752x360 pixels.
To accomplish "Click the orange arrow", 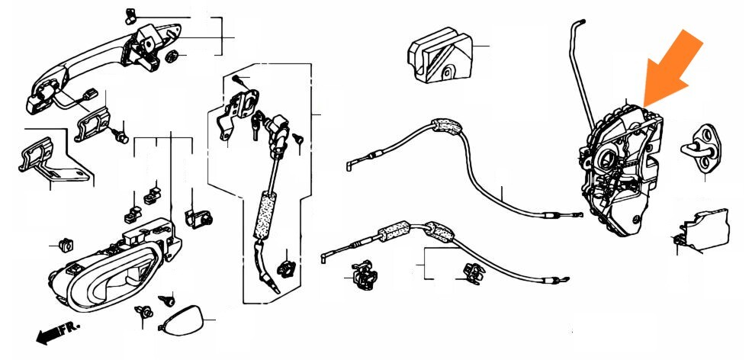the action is tap(673, 68).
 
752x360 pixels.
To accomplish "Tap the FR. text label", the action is tap(69, 329).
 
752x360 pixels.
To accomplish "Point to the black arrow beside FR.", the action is tap(48, 335).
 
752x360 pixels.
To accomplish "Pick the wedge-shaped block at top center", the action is tap(439, 55).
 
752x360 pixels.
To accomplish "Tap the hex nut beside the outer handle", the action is tap(171, 56).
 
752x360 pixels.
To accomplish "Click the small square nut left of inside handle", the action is tap(66, 246).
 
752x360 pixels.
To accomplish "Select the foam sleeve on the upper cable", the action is tap(446, 126).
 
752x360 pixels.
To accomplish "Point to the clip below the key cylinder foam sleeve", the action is tap(287, 269).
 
